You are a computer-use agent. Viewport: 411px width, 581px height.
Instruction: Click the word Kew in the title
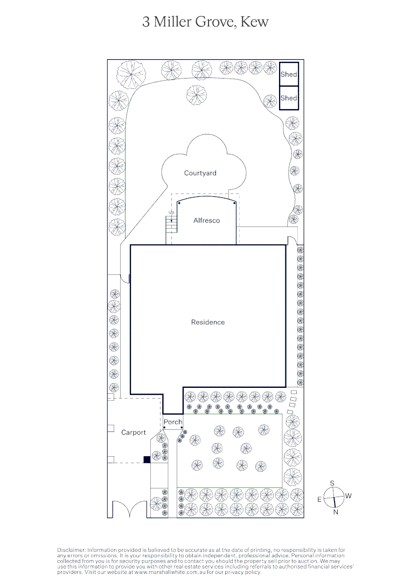(x=254, y=22)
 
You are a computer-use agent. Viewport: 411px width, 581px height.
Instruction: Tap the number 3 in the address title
(x=146, y=22)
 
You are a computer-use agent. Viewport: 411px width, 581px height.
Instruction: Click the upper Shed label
(x=289, y=75)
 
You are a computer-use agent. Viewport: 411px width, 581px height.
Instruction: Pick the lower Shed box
(x=289, y=98)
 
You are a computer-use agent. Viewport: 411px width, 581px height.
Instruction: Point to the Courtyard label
(x=200, y=173)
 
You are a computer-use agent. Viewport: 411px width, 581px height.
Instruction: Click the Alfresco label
(x=207, y=221)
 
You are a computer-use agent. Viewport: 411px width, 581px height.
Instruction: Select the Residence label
(x=208, y=322)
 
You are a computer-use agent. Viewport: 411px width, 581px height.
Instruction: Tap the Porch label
(x=173, y=422)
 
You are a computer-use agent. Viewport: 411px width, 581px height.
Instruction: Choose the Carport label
(x=134, y=433)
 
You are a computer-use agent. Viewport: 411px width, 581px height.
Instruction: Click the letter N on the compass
(x=336, y=512)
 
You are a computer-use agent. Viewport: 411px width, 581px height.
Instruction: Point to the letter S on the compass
(x=333, y=483)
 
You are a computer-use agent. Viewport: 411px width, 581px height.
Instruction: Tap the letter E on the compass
(x=319, y=500)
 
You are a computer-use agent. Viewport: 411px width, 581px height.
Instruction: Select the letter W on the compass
(x=349, y=496)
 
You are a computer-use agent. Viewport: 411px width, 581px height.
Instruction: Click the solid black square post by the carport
(x=147, y=459)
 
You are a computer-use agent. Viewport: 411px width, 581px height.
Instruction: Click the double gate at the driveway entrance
(x=129, y=509)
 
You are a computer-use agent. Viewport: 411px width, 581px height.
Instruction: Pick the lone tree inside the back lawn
(x=197, y=95)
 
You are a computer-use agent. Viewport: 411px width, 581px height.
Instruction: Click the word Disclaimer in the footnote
(x=71, y=550)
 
